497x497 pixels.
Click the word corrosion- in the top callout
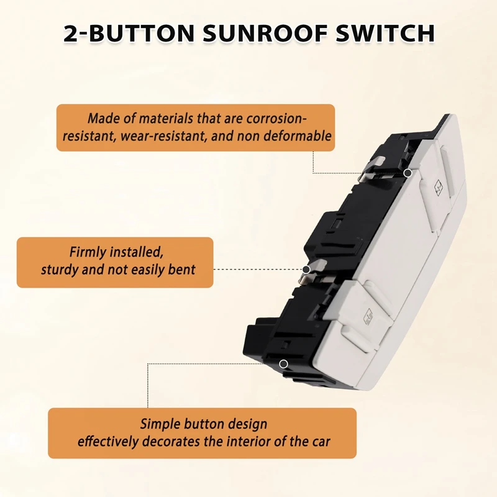tap(276, 118)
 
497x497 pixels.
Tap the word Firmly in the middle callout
tap(88, 253)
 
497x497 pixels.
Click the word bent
tap(182, 270)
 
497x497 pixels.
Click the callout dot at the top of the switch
tap(408, 172)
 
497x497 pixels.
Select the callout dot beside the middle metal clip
tap(306, 270)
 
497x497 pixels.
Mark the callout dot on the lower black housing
tap(283, 363)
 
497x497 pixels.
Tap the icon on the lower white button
tap(367, 317)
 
